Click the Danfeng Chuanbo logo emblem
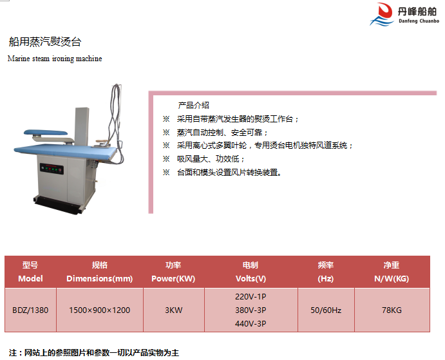[382, 14]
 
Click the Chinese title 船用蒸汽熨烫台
[45, 42]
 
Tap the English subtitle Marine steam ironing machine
[55, 59]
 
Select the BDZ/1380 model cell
[30, 310]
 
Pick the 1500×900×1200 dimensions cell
[100, 310]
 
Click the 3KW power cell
[174, 310]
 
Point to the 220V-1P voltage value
[251, 297]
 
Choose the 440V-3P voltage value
[251, 323]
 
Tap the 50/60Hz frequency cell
[326, 310]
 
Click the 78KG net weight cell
[392, 310]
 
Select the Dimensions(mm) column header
[100, 278]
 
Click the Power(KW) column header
[173, 278]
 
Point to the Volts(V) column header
[251, 278]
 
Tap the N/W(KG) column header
[392, 278]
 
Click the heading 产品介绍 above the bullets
[194, 106]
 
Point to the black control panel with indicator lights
[52, 169]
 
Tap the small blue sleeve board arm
[46, 132]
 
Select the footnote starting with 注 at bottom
[94, 353]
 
